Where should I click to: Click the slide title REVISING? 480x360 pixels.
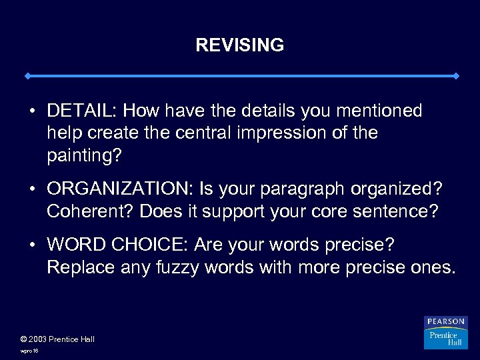[x=240, y=45]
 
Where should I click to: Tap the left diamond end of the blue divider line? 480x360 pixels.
[x=27, y=76]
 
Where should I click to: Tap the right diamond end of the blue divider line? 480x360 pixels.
[x=456, y=76]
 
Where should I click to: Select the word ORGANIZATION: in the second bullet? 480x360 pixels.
[x=118, y=190]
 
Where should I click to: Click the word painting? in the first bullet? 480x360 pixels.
[x=84, y=156]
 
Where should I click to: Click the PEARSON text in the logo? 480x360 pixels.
[x=446, y=322]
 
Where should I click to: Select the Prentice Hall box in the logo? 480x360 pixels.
[x=445, y=338]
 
